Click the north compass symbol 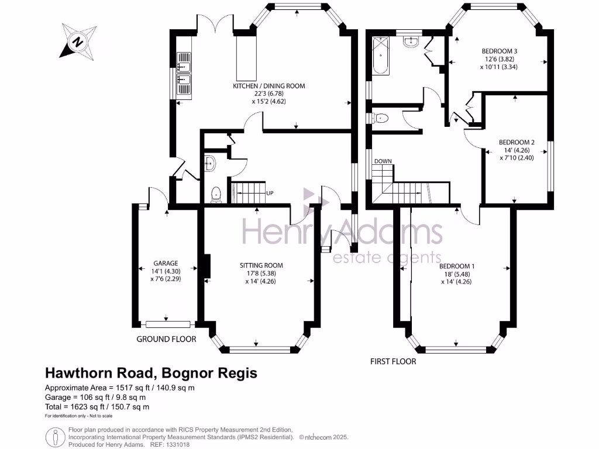(x=78, y=42)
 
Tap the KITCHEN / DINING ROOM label (x=269, y=86)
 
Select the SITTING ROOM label (x=261, y=265)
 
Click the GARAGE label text (x=166, y=263)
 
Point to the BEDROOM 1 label (x=456, y=266)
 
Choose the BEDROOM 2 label (x=517, y=143)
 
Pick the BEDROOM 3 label (x=500, y=51)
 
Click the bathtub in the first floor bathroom (x=380, y=56)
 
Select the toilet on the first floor (x=380, y=118)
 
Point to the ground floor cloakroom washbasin (x=210, y=164)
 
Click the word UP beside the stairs (x=270, y=193)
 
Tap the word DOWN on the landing (x=383, y=161)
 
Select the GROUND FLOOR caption (x=166, y=339)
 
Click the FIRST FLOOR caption (x=393, y=361)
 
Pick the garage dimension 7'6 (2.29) (x=166, y=279)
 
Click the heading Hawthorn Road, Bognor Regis (x=152, y=372)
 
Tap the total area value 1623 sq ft (x=88, y=407)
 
